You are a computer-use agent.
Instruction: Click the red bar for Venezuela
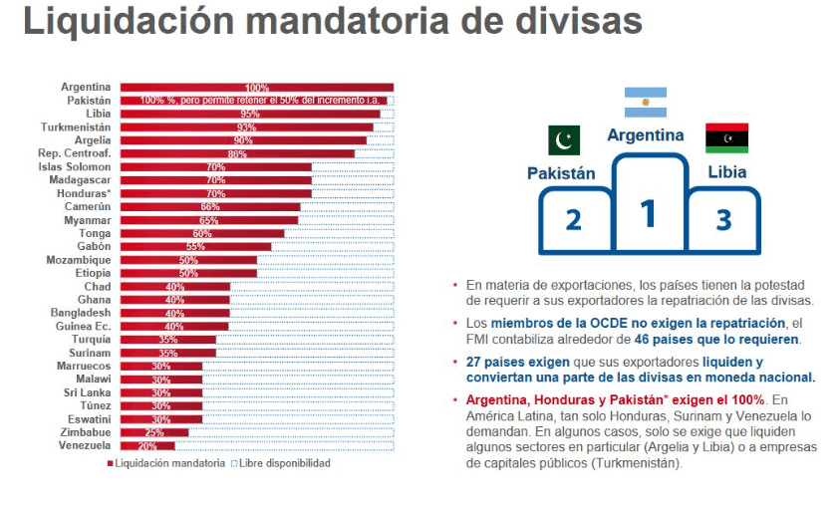146,446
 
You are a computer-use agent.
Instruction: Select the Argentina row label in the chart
86,87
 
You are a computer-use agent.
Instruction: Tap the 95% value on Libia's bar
249,114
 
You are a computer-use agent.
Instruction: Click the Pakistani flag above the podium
563,141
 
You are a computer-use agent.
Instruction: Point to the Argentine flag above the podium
646,103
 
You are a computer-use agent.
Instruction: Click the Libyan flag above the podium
726,138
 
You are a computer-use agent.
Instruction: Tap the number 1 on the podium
648,213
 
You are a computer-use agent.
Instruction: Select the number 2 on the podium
573,219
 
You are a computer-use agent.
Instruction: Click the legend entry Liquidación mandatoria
164,463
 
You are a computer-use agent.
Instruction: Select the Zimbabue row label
85,432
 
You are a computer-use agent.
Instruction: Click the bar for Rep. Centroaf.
237,153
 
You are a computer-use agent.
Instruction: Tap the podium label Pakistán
561,172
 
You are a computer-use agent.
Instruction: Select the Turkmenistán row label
76,127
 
